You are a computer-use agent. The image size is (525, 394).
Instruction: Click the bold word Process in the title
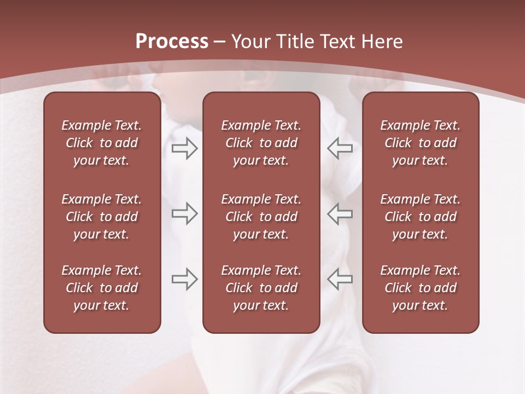pos(172,42)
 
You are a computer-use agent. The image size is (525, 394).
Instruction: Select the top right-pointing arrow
pos(184,148)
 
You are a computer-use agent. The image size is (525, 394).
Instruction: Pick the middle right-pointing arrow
pos(184,213)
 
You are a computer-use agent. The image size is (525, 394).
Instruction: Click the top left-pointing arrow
pos(340,148)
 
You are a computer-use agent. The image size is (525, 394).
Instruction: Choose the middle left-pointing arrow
pos(340,213)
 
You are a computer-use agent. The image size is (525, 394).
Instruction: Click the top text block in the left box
pos(102,143)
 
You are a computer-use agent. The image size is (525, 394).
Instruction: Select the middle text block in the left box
pos(102,217)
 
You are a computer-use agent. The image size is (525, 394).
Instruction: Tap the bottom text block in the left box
pos(102,288)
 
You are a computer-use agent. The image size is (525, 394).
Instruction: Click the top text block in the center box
pos(261,143)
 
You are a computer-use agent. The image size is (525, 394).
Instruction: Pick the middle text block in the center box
pos(261,217)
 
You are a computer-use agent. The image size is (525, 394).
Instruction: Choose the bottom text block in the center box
pos(261,288)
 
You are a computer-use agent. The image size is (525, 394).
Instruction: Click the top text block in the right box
pos(421,143)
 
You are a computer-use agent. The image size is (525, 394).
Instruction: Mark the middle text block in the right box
pos(421,217)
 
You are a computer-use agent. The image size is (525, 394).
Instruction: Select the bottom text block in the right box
pos(421,288)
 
